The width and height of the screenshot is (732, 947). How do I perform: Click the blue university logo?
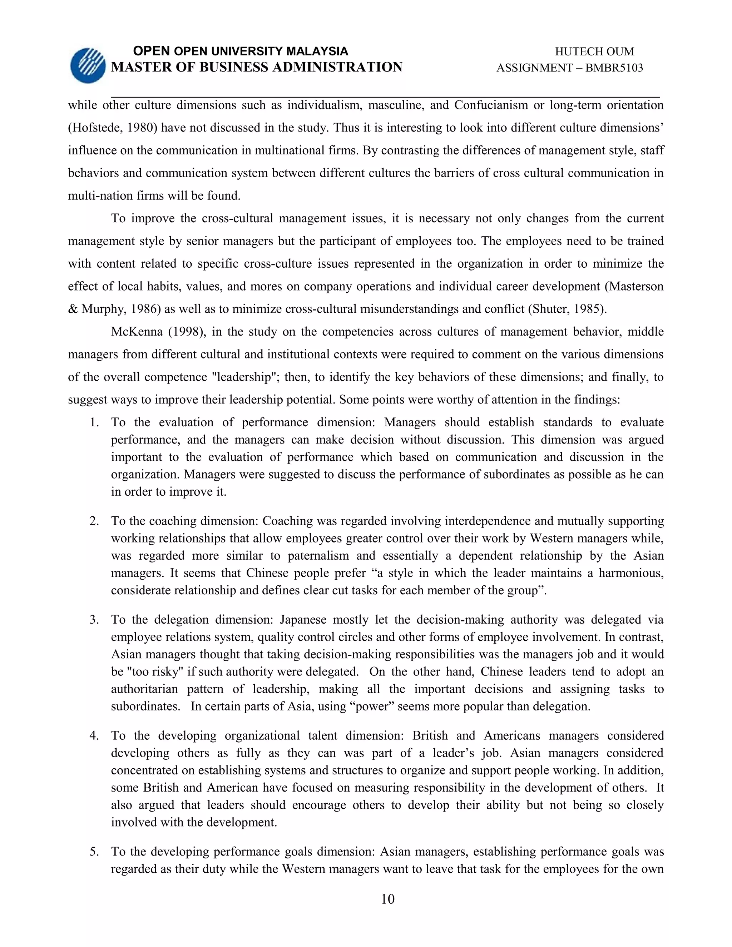88,65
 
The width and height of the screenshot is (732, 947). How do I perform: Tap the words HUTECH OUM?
594,51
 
